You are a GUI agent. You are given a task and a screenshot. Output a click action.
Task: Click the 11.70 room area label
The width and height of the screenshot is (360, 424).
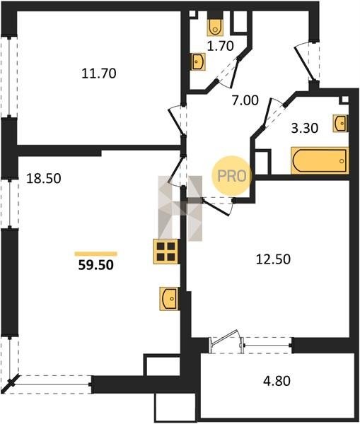[99, 73]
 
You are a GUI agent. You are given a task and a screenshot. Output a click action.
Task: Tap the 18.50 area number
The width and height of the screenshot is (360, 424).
[44, 179]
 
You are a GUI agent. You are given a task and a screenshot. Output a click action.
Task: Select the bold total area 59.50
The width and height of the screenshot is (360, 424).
[95, 265]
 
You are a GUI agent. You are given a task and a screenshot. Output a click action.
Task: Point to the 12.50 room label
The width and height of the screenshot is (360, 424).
[273, 259]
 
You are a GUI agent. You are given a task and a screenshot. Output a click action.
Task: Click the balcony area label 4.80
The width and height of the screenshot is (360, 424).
[277, 381]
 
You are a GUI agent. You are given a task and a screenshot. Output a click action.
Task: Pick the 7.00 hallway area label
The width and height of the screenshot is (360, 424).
[245, 100]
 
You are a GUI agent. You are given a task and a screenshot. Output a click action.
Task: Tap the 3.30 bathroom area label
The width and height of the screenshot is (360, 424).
[305, 128]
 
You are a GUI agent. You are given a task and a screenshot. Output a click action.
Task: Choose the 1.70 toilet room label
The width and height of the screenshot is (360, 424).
[221, 46]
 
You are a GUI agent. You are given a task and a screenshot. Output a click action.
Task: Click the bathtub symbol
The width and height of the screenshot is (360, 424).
[320, 160]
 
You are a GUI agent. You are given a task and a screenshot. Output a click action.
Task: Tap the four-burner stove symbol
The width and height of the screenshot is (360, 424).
[166, 252]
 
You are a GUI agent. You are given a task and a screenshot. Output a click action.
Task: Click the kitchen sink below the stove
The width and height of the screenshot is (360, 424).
[168, 298]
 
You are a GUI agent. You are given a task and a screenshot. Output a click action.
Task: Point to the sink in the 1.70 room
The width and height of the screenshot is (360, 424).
[198, 61]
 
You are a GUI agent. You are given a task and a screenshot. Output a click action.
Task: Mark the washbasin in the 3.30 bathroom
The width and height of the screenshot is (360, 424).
[340, 123]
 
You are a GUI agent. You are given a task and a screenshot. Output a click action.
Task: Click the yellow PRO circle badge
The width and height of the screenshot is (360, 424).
[232, 176]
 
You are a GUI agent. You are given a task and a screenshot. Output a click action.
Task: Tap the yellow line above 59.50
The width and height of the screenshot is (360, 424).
[95, 254]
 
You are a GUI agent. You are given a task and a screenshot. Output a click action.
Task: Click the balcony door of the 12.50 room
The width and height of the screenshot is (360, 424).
[226, 341]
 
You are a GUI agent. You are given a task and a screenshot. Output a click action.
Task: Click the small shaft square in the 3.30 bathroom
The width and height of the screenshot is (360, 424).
[344, 100]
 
